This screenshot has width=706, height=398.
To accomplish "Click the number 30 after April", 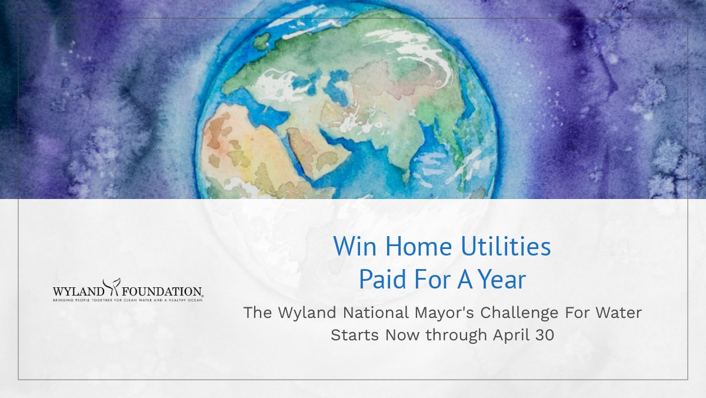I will coord(544,335).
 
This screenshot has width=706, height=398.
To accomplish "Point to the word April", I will coord(509,335).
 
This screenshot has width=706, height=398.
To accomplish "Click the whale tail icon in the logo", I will coord(111,287).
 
